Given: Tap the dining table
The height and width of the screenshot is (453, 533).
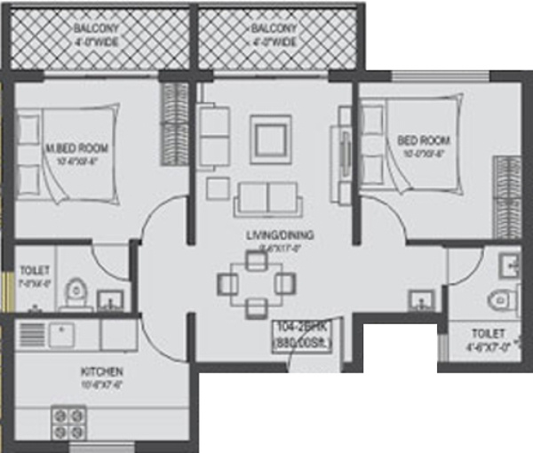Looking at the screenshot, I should click(x=257, y=283).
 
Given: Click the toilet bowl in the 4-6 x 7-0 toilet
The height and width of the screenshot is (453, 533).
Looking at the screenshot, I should click(x=504, y=299).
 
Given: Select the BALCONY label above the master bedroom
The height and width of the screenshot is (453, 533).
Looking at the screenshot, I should click(x=99, y=34).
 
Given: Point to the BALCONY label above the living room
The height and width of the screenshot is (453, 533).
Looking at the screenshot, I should click(x=273, y=34).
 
